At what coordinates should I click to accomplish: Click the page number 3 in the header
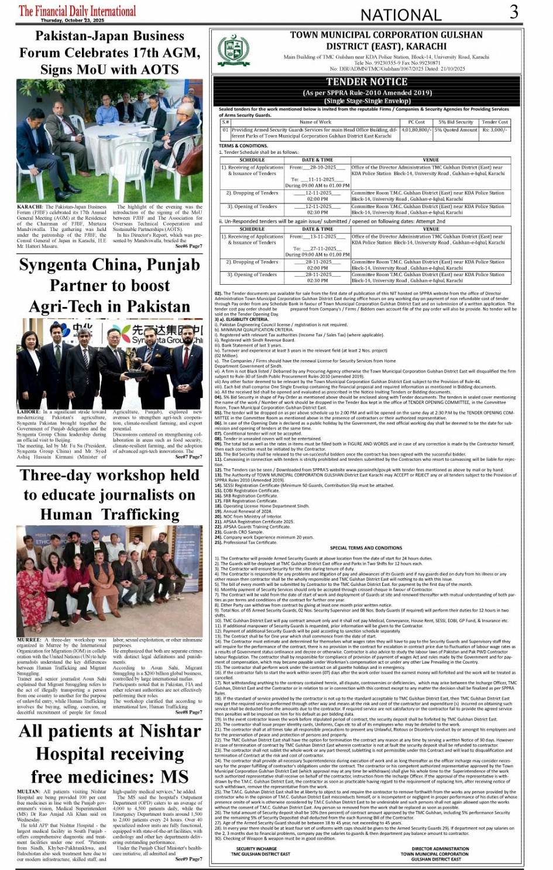513,12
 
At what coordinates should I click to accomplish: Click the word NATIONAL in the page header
400,15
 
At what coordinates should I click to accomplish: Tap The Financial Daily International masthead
77,11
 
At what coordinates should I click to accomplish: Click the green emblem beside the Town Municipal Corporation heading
233,51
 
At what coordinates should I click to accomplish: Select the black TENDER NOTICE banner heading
366,82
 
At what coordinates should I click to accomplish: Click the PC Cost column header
417,122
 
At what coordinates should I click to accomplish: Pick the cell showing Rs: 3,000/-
495,130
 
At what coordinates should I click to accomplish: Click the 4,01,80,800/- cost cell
416,130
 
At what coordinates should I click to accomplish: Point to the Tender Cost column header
495,122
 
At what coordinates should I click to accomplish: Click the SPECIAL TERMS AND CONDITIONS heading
366,548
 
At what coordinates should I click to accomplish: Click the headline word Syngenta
56,265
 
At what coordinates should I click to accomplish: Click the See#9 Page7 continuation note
188,859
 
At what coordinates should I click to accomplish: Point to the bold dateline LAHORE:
29,412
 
